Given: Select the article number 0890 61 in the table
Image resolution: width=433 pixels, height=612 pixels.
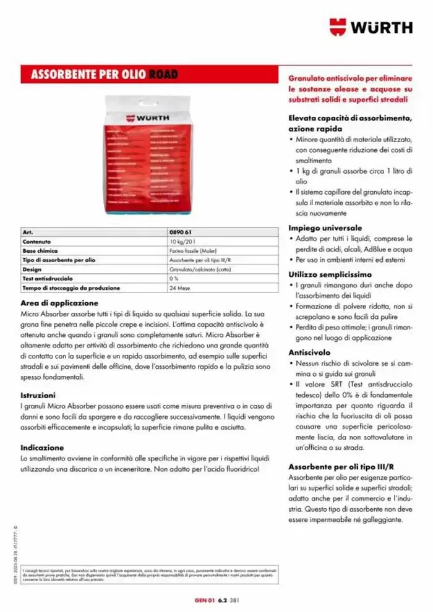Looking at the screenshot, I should coord(179,232).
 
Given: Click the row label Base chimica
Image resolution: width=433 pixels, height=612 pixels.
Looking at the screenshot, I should coord(40,251).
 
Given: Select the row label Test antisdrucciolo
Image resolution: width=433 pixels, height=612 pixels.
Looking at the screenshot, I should coord(47,279).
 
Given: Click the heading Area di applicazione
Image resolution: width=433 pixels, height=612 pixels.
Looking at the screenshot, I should coord(59,303).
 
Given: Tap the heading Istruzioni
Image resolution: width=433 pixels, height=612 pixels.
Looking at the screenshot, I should coord(38,394).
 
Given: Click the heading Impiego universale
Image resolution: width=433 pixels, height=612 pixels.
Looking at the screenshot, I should coord(325,227).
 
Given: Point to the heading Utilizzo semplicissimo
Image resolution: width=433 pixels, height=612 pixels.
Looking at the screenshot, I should coord(330,274).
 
